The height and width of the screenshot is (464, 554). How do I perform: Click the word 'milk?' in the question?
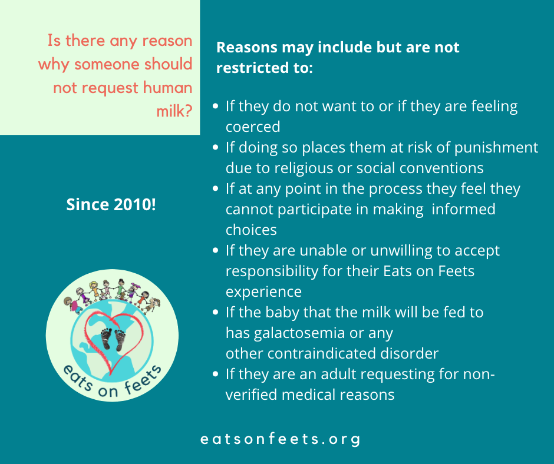tap(174, 111)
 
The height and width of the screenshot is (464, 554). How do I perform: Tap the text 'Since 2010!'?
tap(111, 204)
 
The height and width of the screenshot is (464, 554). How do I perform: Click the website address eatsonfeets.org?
tap(280, 439)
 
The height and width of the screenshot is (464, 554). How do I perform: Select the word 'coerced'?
tap(253, 127)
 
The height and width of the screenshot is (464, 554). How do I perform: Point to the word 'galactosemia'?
tap(299, 333)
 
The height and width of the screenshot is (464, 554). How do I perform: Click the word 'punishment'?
tap(496, 147)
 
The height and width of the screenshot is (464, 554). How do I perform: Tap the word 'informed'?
tap(464, 209)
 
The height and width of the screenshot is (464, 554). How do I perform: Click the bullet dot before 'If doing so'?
tap(216, 147)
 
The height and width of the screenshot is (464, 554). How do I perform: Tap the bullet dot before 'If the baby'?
tap(216, 312)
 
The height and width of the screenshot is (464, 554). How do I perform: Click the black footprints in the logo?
tap(113, 339)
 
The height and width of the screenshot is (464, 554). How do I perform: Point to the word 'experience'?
tap(263, 292)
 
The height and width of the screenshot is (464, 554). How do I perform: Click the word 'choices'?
tap(251, 230)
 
